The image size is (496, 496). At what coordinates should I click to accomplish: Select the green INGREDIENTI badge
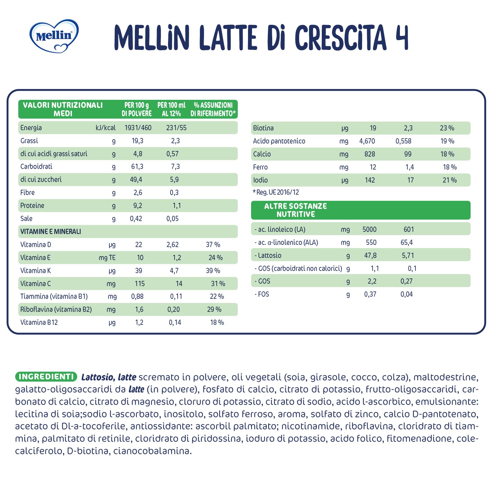(46, 377)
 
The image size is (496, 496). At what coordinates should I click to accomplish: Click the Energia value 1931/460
(138, 128)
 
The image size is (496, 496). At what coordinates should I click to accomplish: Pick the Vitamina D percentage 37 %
(213, 245)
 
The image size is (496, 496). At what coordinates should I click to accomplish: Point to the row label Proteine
(32, 206)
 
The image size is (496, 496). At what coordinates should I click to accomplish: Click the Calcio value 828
(370, 154)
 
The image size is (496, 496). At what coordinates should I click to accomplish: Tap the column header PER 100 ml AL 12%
(171, 109)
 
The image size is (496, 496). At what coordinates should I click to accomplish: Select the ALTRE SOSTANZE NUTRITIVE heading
(295, 210)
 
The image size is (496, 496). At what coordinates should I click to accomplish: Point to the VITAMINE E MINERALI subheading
(51, 232)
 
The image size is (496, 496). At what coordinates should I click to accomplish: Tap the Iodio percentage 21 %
(449, 180)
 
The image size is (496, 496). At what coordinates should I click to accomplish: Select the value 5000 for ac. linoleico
(370, 229)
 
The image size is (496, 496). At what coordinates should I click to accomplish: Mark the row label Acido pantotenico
(279, 141)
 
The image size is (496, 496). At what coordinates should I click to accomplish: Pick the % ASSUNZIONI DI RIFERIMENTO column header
(213, 109)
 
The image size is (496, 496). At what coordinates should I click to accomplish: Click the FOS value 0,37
(370, 294)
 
